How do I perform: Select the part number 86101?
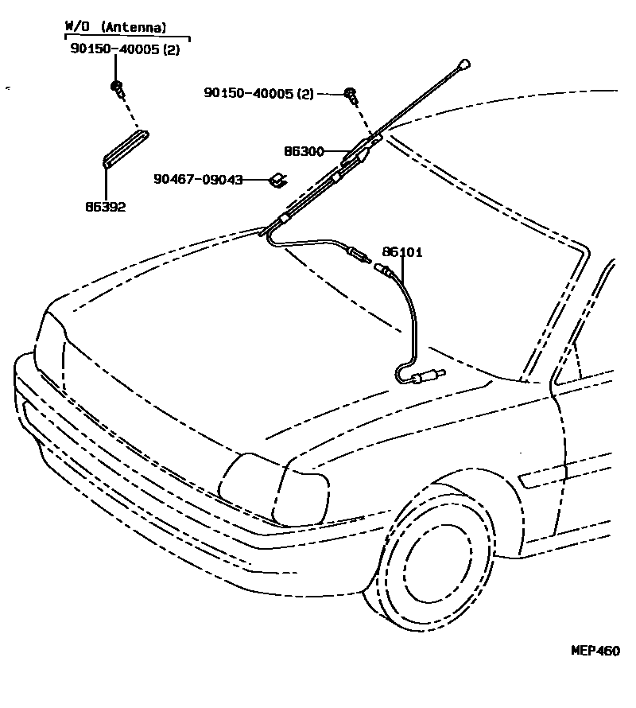[401, 252]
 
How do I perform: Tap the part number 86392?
[106, 208]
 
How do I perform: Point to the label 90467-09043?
[198, 180]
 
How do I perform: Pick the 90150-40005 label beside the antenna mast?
[249, 94]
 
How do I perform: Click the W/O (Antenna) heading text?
[115, 27]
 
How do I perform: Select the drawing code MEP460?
[595, 650]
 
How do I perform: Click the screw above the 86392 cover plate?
[118, 88]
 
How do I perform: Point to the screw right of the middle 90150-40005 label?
[351, 96]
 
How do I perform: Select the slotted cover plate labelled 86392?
[126, 149]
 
